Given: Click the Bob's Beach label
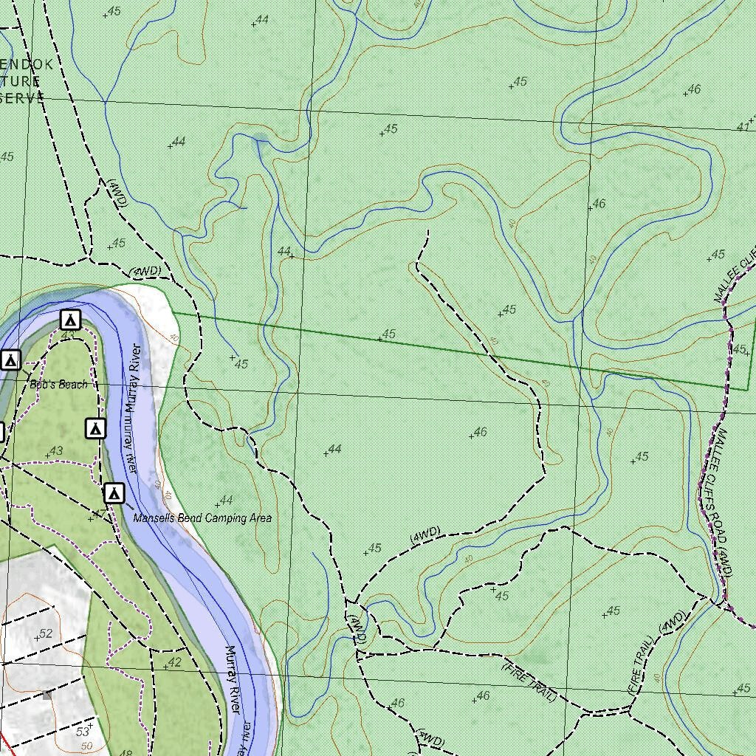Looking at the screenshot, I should [x=58, y=385].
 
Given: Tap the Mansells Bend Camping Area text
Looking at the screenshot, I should [x=202, y=518].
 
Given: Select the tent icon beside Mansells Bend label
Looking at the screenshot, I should [x=114, y=493].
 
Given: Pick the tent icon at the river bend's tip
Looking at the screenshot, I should [x=70, y=320].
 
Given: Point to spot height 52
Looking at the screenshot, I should [x=45, y=633].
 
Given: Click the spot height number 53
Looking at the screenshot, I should [x=82, y=732].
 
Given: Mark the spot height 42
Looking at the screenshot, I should [x=173, y=663].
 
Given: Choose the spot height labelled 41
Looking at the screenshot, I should [x=743, y=127].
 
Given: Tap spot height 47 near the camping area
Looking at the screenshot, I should [x=97, y=515].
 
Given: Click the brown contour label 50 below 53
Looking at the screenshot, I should [x=86, y=746].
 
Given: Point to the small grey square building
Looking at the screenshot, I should [x=47, y=695].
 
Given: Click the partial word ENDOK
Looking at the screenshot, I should [x=27, y=64].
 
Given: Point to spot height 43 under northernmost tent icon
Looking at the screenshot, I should [x=69, y=336].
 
